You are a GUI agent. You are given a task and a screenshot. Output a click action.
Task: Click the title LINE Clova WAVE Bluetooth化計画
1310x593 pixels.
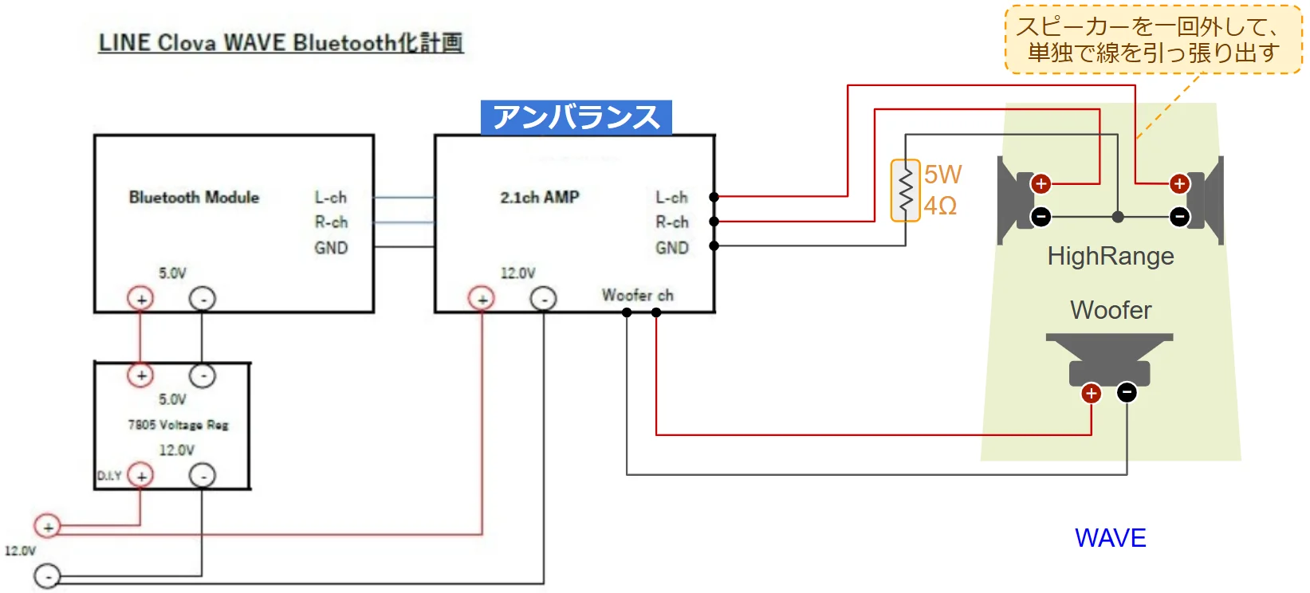coord(281,42)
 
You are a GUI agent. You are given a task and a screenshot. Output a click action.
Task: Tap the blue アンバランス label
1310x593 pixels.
coord(576,117)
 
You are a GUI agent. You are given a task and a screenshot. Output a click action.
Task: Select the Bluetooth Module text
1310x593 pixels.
coord(194,197)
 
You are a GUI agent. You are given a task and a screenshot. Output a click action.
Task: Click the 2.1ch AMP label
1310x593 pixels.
coord(540,197)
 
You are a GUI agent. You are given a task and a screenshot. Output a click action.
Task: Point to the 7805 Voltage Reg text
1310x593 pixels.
coord(178,425)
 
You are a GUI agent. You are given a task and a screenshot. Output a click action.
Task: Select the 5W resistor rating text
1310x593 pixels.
coord(942,175)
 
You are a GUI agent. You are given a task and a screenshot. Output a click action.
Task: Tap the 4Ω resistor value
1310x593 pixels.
coord(940,206)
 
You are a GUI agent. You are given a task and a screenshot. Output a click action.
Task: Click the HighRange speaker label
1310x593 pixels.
coord(1110,256)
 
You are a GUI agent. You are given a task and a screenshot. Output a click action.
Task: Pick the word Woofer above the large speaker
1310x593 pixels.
coord(1111,310)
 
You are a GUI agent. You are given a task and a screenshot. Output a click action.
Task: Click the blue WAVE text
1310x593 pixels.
coord(1110,538)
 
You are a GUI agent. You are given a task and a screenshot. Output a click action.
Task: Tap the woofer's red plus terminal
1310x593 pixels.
coord(1091,393)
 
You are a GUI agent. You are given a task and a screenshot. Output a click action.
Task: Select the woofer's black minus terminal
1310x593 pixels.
coord(1127,392)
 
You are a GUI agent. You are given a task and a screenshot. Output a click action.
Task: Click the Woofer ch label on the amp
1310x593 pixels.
coord(637,295)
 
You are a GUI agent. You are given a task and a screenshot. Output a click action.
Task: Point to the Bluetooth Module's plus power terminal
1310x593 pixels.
coord(141,299)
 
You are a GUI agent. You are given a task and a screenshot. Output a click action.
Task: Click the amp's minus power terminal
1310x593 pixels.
coord(544,299)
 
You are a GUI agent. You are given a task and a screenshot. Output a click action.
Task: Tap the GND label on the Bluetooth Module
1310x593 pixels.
coord(331,248)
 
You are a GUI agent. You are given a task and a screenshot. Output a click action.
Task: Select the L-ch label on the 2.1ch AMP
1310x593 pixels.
coord(671,197)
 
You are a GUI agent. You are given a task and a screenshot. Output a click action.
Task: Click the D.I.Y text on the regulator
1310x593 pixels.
coord(109,476)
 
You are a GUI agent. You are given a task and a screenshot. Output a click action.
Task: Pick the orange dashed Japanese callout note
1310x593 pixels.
coord(1153,40)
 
